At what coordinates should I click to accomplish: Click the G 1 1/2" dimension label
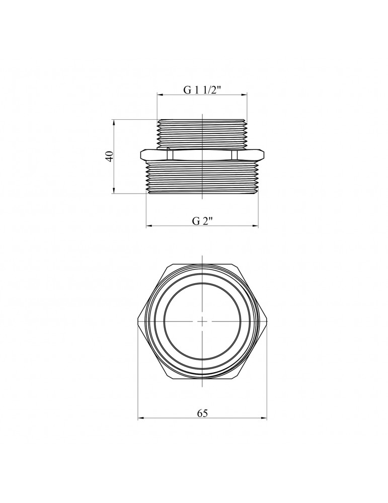(x=202, y=90)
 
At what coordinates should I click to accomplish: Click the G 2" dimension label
(x=202, y=221)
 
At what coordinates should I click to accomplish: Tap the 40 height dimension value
(x=109, y=156)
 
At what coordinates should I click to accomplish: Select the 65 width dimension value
(x=202, y=413)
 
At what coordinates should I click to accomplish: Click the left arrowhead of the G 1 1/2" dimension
(x=160, y=95)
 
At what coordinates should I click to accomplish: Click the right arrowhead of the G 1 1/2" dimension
(x=245, y=95)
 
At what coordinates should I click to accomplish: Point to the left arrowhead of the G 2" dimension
(x=149, y=226)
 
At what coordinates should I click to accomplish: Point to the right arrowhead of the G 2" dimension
(x=255, y=226)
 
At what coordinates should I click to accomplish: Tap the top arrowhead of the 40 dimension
(x=114, y=123)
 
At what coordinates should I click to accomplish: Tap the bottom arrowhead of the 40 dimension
(x=114, y=191)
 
